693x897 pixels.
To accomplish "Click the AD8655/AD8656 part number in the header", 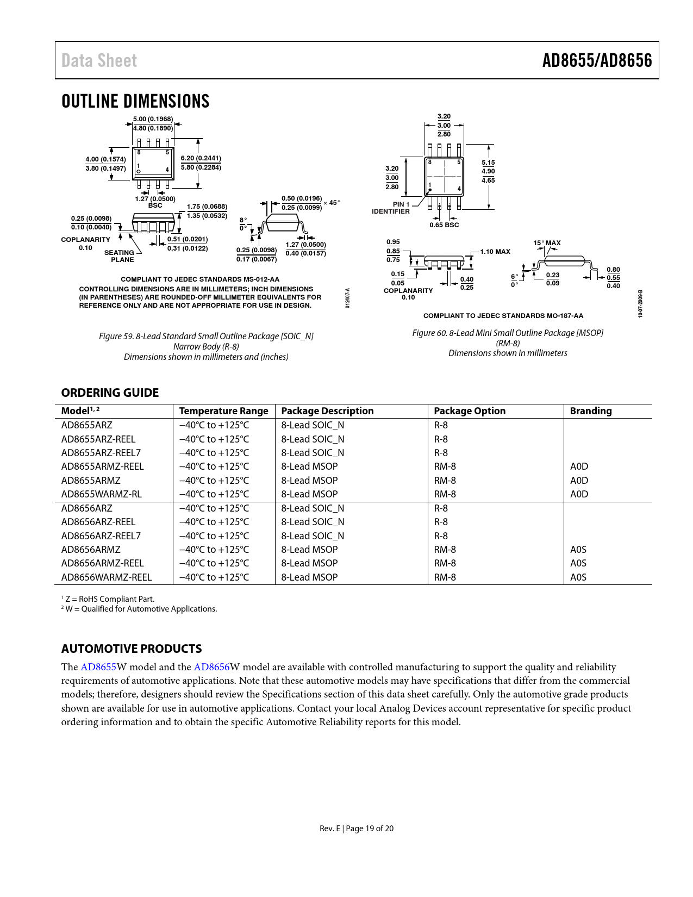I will [597, 60].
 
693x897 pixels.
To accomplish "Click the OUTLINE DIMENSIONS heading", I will [135, 102].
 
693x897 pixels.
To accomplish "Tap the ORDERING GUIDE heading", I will [110, 393].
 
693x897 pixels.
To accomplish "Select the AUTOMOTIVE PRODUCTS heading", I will [132, 649].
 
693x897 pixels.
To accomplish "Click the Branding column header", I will [591, 411].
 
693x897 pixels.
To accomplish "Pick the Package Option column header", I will [470, 411].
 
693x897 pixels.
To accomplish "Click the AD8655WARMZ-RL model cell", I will [102, 494].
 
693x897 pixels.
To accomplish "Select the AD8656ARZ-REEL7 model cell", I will [101, 535].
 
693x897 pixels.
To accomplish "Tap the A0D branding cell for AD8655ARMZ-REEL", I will [579, 466].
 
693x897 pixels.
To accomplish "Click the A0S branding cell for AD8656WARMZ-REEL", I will [578, 577].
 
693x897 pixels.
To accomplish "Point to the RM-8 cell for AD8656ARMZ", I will [445, 550].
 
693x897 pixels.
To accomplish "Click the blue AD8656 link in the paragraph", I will [211, 667].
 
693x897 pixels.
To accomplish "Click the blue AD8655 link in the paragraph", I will [98, 667].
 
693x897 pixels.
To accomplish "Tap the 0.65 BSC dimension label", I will [444, 225].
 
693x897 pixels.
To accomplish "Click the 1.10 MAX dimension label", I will [495, 252].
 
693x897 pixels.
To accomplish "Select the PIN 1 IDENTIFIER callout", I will [391, 208].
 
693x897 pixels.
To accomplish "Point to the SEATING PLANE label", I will [120, 256].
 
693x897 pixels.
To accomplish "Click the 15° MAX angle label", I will [547, 243].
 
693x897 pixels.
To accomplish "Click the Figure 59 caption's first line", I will [206, 337].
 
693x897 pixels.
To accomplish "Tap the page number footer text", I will [357, 829].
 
